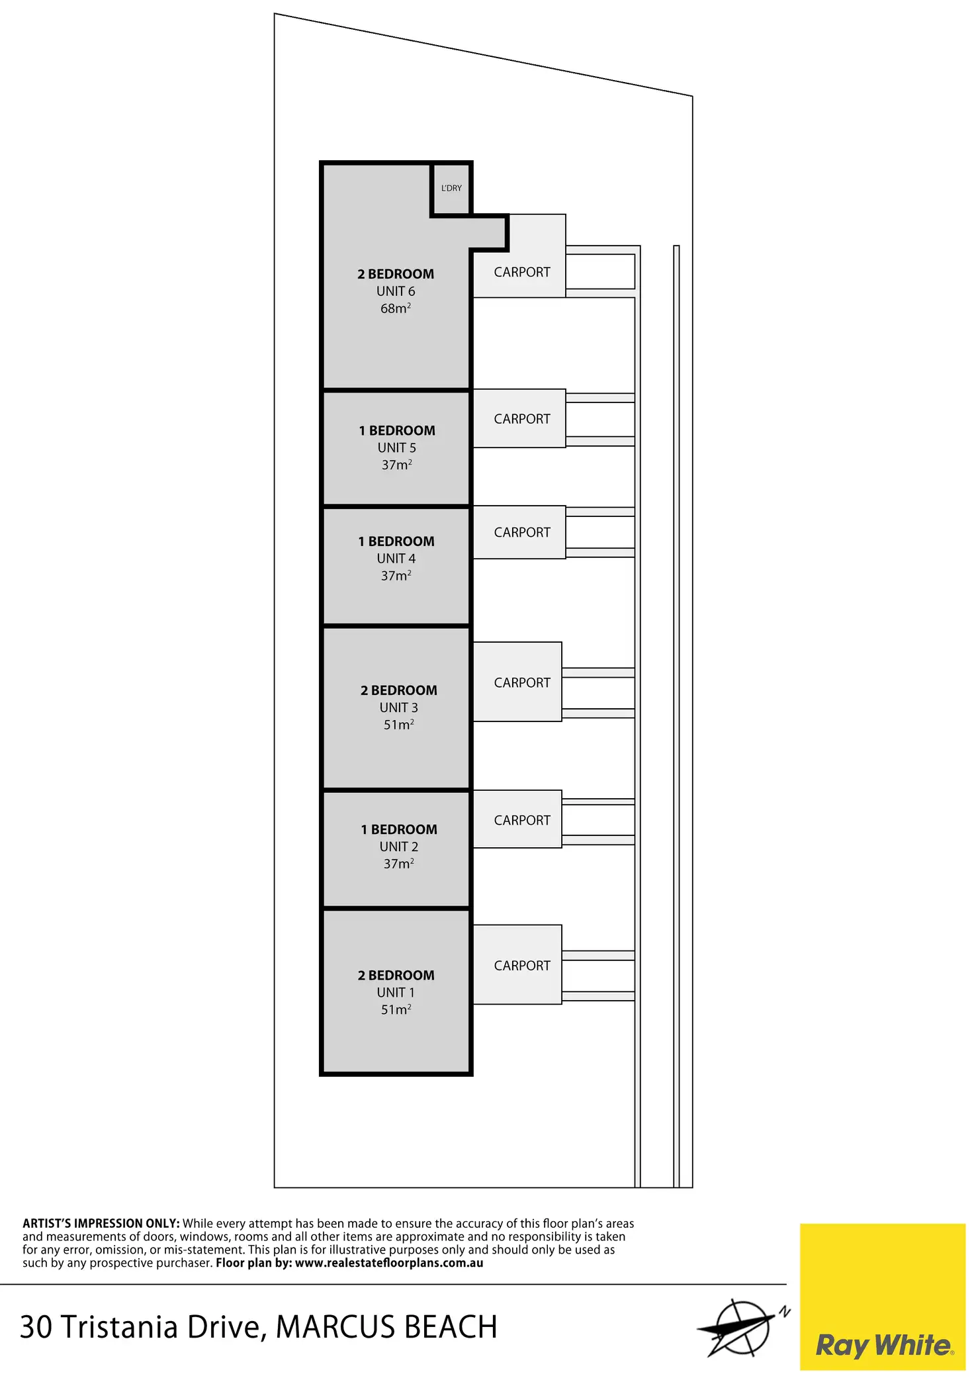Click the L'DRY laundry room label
[x=451, y=188]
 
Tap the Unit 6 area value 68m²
[x=396, y=308]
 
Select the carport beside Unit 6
[x=521, y=272]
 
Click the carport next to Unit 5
[x=521, y=419]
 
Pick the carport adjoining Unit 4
[x=521, y=532]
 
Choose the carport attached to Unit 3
[x=521, y=682]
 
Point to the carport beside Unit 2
[x=521, y=820]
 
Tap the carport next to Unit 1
[x=521, y=966]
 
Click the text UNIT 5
[x=396, y=448]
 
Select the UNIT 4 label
[x=396, y=559]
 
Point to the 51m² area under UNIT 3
[x=398, y=725]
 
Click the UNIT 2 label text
[x=398, y=847]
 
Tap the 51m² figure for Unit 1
[x=396, y=1009]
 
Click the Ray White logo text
[x=884, y=1345]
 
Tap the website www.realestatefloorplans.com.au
[x=389, y=1263]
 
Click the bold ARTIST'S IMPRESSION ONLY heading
[x=101, y=1224]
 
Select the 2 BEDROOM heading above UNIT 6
[x=396, y=274]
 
